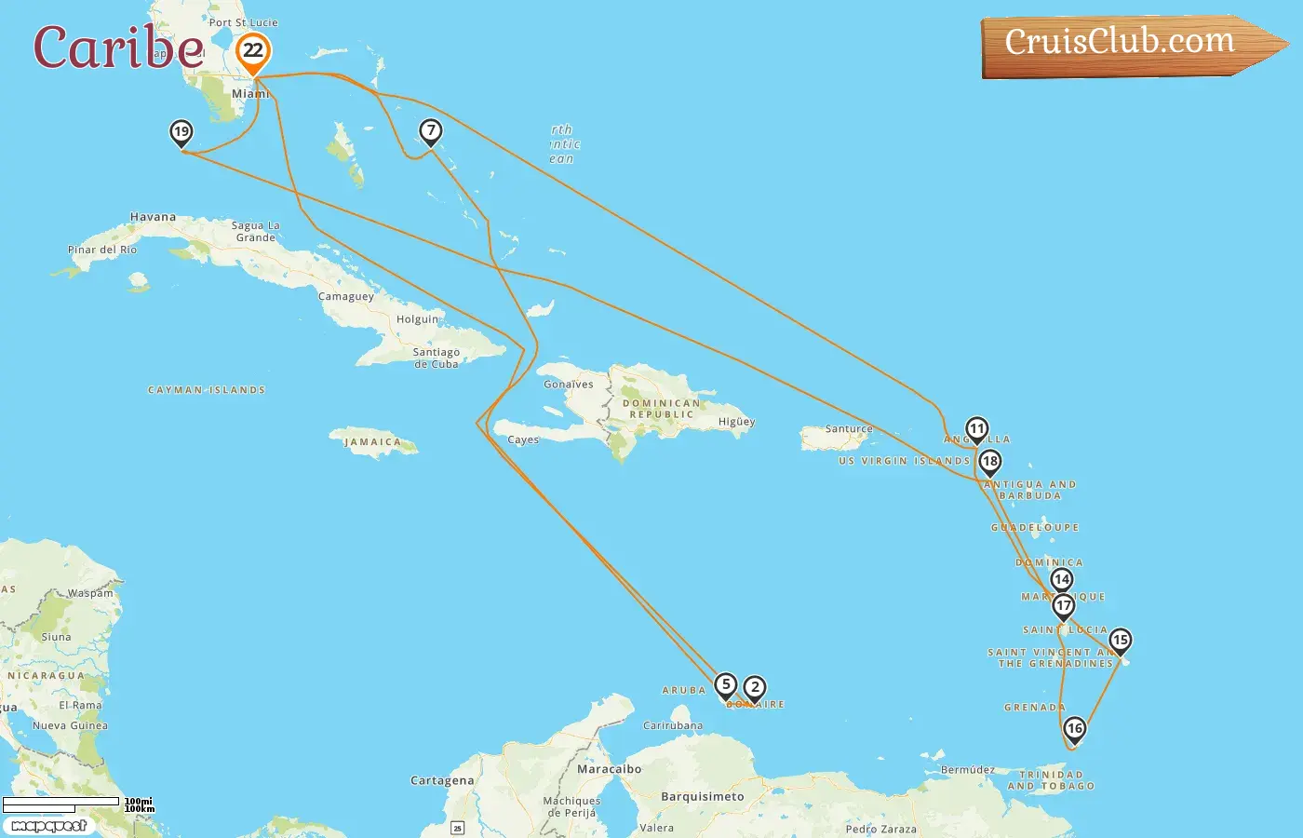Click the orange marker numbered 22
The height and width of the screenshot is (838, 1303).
[x=253, y=51]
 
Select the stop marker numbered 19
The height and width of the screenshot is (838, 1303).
[x=181, y=132]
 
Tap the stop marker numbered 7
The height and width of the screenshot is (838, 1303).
[x=430, y=131]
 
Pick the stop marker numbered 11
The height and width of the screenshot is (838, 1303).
[x=976, y=429]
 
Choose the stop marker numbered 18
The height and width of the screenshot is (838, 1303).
[x=989, y=461]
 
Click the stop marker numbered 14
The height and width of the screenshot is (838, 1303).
[x=1061, y=580]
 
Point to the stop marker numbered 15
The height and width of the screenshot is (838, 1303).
[x=1120, y=641]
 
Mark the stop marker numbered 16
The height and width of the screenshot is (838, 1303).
[x=1075, y=729]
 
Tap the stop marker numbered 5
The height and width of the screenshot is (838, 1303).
[x=726, y=685]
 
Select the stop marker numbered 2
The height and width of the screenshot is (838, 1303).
[x=755, y=688]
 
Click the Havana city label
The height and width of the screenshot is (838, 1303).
[x=153, y=217]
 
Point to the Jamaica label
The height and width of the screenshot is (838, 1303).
[x=372, y=442]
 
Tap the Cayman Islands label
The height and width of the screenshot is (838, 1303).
[x=207, y=390]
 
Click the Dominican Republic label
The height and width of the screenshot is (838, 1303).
[x=661, y=409]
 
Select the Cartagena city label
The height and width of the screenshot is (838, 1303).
[x=442, y=780]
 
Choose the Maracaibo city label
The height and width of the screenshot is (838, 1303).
[x=609, y=769]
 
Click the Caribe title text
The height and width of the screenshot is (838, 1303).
[x=118, y=47]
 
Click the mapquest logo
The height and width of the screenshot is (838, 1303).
[x=49, y=826]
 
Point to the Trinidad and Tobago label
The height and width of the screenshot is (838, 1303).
[x=1051, y=780]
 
